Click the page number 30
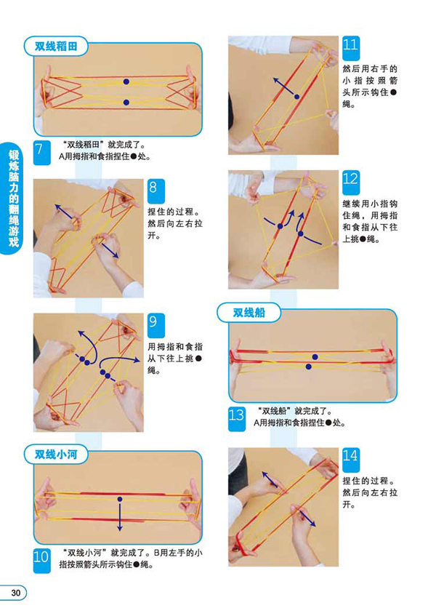[15, 593]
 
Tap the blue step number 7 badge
[41, 153]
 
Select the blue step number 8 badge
[156, 191]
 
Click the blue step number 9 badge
[156, 325]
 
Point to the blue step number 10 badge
[41, 560]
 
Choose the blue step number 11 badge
[350, 48]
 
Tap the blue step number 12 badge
[350, 183]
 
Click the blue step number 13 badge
[237, 419]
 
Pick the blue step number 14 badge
[350, 460]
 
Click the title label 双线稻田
[56, 47]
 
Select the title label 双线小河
[56, 455]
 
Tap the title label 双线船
[249, 313]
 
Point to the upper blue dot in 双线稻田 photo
[126, 81]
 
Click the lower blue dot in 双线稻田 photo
[126, 102]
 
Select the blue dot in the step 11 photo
[297, 97]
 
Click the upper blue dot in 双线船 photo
[315, 356]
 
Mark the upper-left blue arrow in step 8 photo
[63, 212]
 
